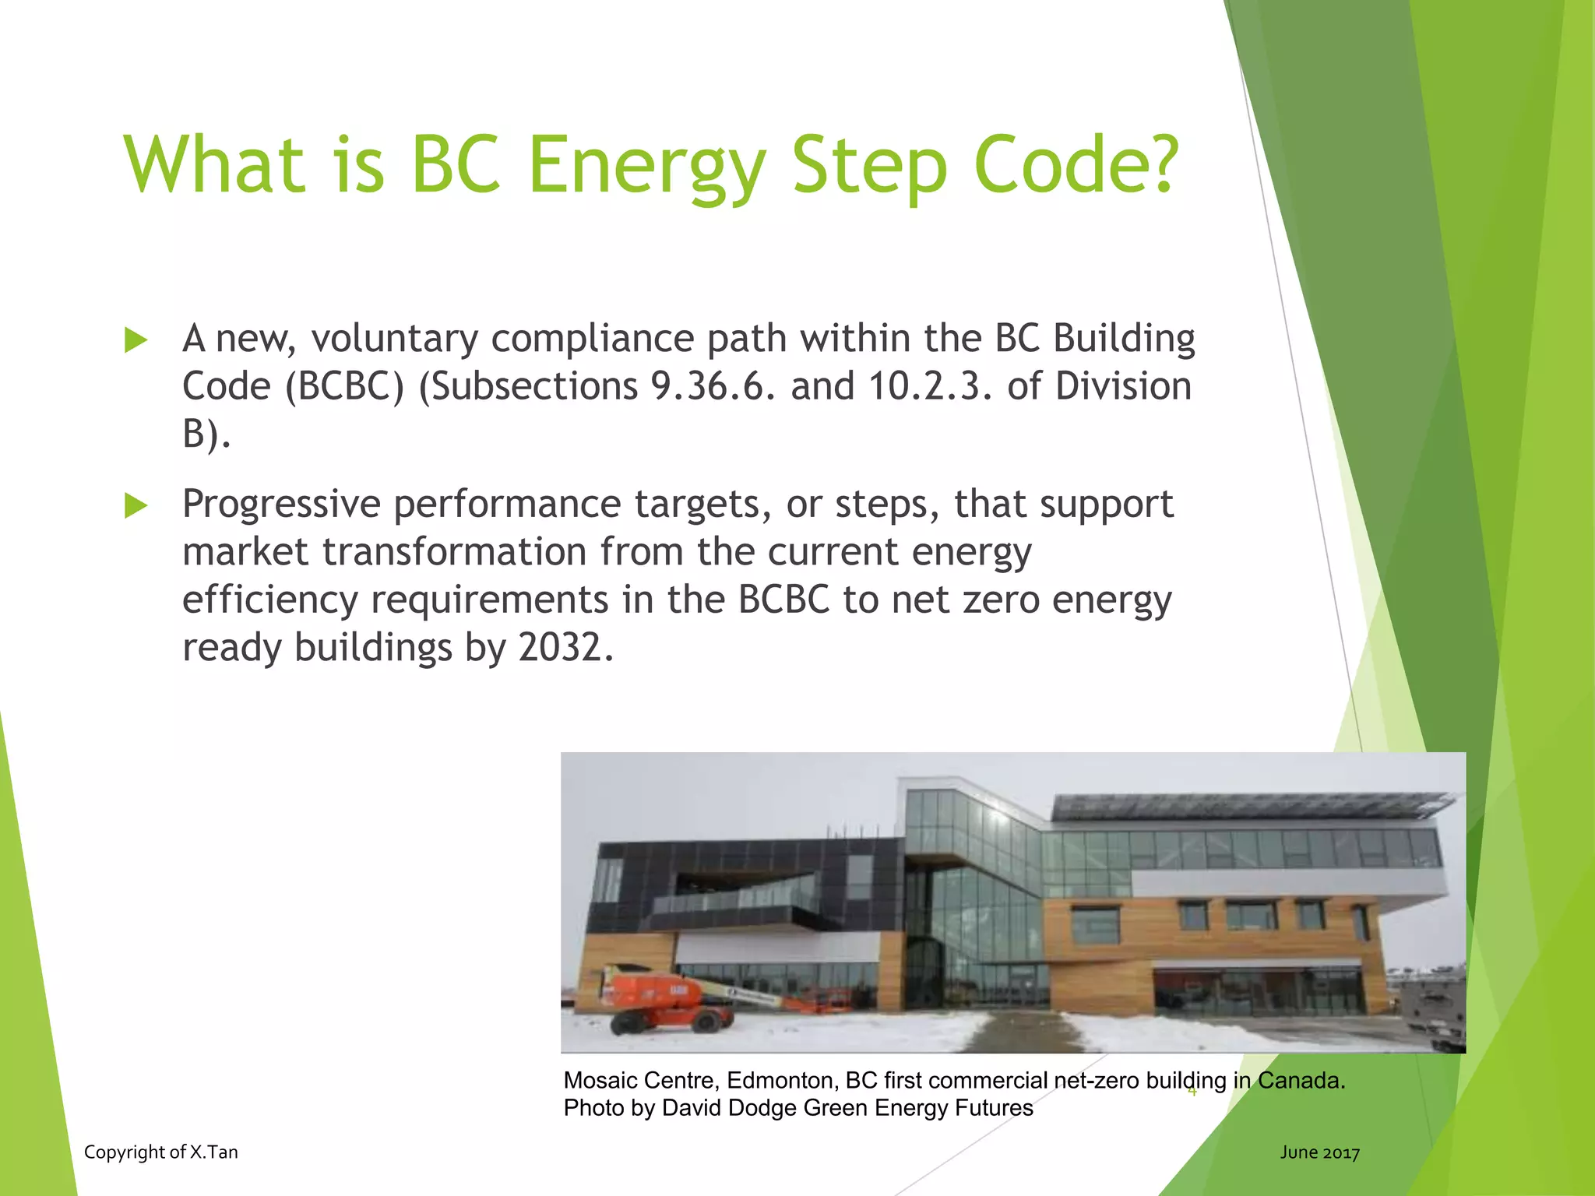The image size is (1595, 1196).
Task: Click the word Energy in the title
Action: click(646, 165)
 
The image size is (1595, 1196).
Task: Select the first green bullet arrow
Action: click(136, 340)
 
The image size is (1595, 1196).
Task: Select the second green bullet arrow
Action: click(136, 506)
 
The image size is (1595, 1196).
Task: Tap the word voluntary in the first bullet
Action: click(394, 339)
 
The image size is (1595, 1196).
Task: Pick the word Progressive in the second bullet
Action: click(281, 505)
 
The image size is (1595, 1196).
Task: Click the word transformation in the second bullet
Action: click(454, 552)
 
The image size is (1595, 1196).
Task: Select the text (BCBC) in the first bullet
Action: click(345, 387)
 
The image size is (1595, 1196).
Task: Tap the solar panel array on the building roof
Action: click(1246, 807)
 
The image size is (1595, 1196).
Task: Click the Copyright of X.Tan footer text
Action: click(160, 1152)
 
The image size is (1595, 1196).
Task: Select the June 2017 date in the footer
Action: click(1319, 1152)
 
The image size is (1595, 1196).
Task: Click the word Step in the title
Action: click(869, 165)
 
